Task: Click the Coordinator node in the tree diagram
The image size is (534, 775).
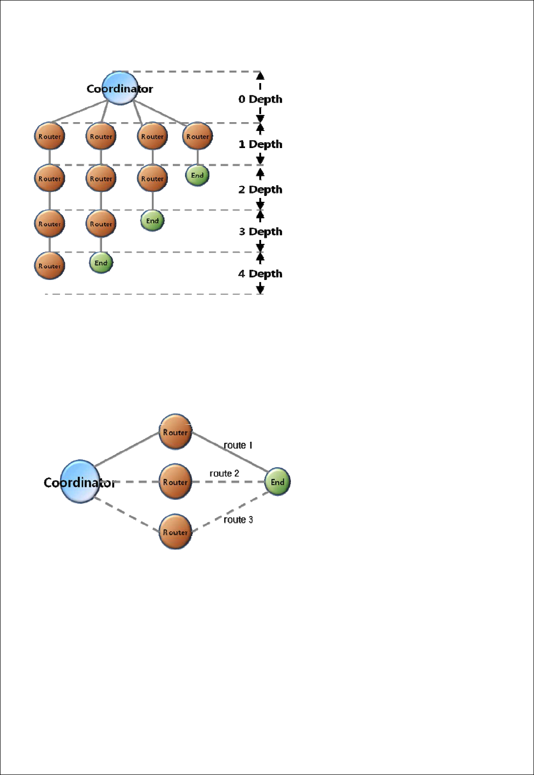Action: click(120, 88)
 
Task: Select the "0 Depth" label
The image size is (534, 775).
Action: click(260, 99)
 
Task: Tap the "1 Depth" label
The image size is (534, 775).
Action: click(260, 144)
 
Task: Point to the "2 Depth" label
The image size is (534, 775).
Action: click(260, 190)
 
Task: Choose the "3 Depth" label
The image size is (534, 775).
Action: click(260, 232)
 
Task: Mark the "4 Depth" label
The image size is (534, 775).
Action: click(260, 274)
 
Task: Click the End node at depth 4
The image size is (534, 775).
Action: click(101, 263)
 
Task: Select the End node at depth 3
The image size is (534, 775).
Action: click(152, 221)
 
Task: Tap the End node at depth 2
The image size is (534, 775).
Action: click(197, 175)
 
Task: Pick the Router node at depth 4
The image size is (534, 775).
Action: click(50, 266)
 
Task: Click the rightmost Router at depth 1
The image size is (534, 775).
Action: click(197, 136)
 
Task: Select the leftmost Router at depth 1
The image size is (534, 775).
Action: click(50, 136)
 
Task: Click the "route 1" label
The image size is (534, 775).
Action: click(238, 445)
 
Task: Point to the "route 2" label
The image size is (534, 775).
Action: click(224, 474)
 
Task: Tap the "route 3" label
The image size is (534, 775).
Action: click(238, 520)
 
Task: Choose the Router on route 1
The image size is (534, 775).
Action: click(175, 432)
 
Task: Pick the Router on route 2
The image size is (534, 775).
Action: click(175, 482)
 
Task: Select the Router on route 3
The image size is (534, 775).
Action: click(175, 532)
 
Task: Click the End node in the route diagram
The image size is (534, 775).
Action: click(277, 482)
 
